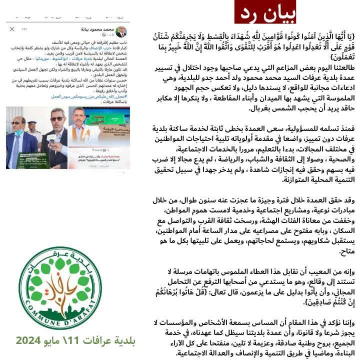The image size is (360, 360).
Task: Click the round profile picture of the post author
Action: click(x=122, y=32)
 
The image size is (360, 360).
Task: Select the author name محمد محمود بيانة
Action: click(x=98, y=29)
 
